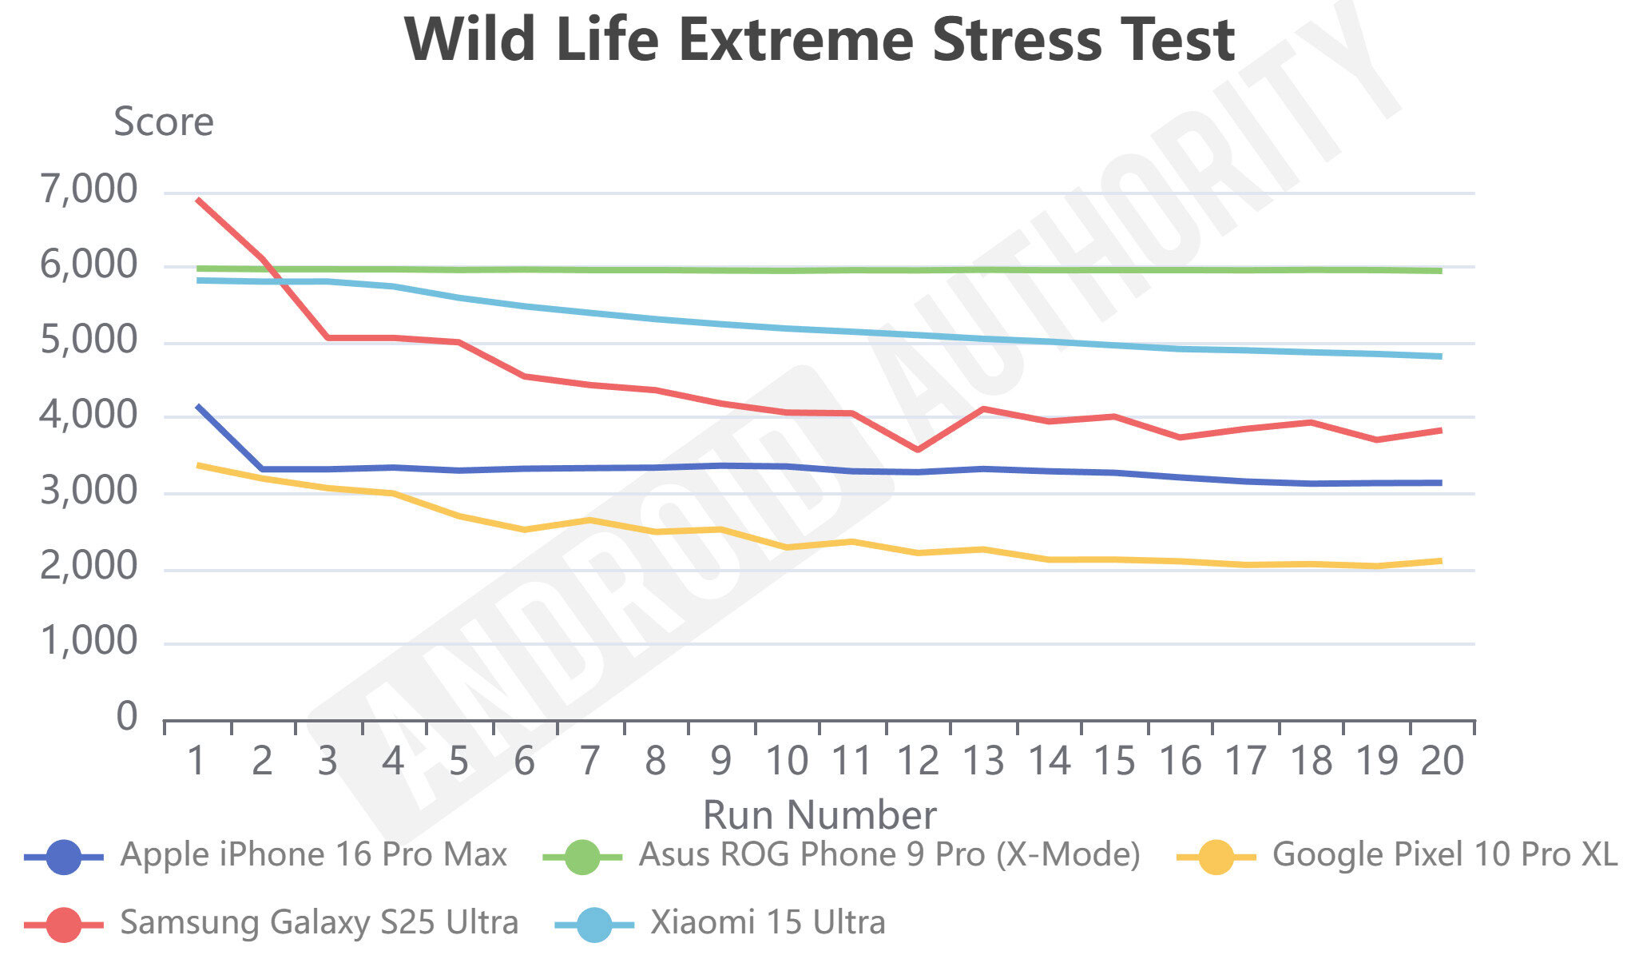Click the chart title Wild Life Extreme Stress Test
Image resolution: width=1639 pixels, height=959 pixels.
819,40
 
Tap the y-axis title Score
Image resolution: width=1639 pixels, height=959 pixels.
164,122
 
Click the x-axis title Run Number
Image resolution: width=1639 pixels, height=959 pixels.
819,815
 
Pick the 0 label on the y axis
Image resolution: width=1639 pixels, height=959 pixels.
127,717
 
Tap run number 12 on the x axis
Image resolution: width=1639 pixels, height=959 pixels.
918,761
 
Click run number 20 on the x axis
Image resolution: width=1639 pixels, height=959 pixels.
1442,761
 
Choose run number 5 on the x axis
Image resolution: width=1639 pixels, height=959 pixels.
458,761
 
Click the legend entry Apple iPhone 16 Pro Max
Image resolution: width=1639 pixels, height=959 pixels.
313,855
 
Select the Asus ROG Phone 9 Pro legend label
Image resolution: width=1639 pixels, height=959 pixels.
889,855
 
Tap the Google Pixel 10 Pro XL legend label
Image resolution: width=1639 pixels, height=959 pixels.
1444,855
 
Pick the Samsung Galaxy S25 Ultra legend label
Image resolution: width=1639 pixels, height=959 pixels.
319,923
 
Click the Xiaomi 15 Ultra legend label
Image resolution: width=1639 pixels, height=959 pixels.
768,923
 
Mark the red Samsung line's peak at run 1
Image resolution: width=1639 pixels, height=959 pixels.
197,200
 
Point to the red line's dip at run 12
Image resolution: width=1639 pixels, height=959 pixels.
918,450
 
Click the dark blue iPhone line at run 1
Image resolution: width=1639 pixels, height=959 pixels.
197,406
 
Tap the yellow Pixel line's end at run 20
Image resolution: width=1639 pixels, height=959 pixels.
1441,561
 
